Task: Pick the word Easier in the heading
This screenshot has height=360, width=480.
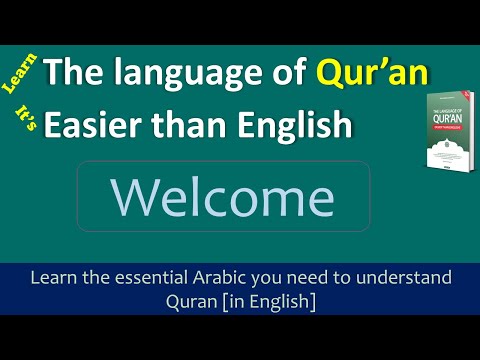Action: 101,124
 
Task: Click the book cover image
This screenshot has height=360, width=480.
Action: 448,129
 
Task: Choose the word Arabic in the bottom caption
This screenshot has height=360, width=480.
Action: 232,276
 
